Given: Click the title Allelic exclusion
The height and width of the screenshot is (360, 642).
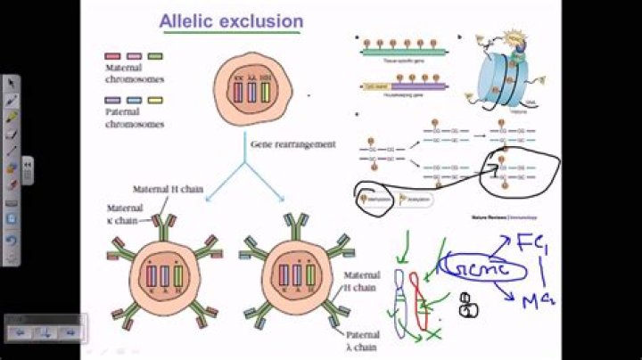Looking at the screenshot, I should (x=231, y=20).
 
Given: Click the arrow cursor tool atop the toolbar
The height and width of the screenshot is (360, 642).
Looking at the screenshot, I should (x=12, y=83).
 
